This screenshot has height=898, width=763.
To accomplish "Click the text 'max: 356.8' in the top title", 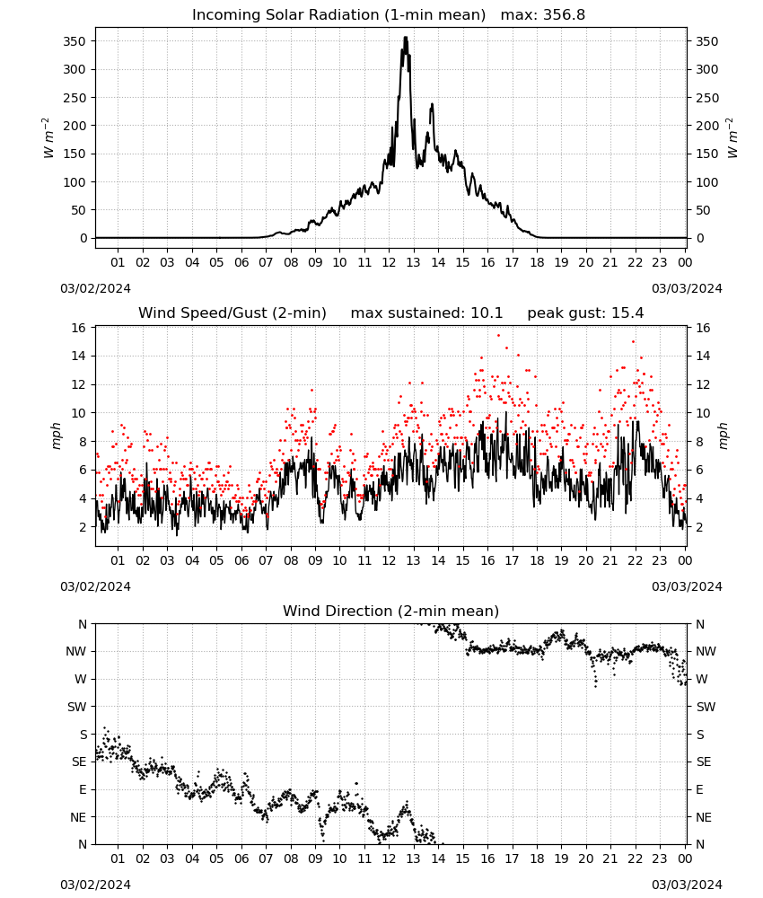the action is (543, 15).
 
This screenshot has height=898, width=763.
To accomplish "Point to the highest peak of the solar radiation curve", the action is (405, 38).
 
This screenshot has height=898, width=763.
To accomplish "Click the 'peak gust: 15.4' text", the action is (585, 313).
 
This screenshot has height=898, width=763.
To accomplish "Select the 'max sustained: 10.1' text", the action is (426, 313).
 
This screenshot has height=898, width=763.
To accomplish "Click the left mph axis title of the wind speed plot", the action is (56, 436).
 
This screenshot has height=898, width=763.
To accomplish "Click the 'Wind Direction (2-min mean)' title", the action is (391, 611).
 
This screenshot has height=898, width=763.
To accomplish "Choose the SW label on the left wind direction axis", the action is (77, 707).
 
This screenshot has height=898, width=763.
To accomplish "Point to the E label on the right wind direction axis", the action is (699, 789).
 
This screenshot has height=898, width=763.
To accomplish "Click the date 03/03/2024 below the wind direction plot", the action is (687, 885).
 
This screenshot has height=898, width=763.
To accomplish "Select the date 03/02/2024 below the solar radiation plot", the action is (95, 288).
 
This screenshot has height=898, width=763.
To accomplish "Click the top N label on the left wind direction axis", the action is (83, 624).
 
